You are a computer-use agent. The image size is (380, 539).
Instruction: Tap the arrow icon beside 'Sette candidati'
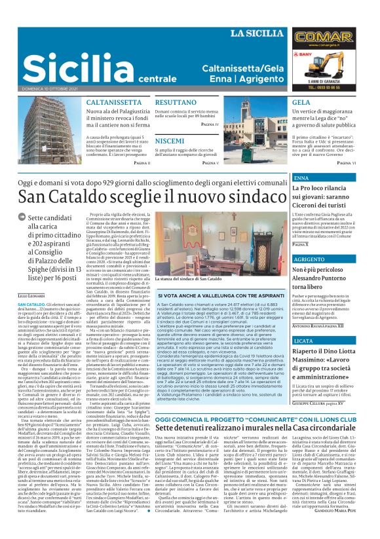click(22, 217)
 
